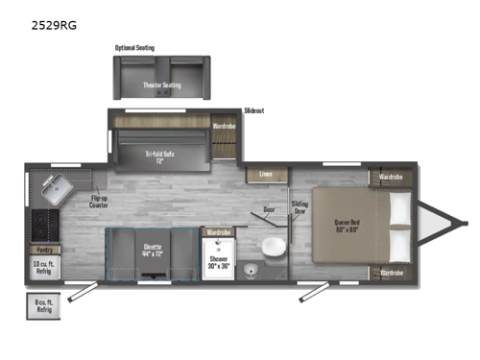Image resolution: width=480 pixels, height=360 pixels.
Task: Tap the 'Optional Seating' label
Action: (x=134, y=47)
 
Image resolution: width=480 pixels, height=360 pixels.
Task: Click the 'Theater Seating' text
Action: (x=161, y=85)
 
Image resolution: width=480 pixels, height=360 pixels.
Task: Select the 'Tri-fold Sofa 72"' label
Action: (x=161, y=155)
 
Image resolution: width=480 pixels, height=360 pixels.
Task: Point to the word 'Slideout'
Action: (x=253, y=110)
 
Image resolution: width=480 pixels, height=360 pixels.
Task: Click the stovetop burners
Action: (x=42, y=227)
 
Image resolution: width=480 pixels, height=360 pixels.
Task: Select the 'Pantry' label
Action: (x=41, y=250)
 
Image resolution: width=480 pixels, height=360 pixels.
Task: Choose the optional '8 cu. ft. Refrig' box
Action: (x=41, y=307)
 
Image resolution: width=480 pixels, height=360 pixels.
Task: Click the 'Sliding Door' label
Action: (x=300, y=207)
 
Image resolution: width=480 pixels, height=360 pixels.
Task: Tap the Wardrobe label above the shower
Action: (x=218, y=231)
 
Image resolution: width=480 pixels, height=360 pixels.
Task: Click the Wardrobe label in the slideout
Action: (x=224, y=125)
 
